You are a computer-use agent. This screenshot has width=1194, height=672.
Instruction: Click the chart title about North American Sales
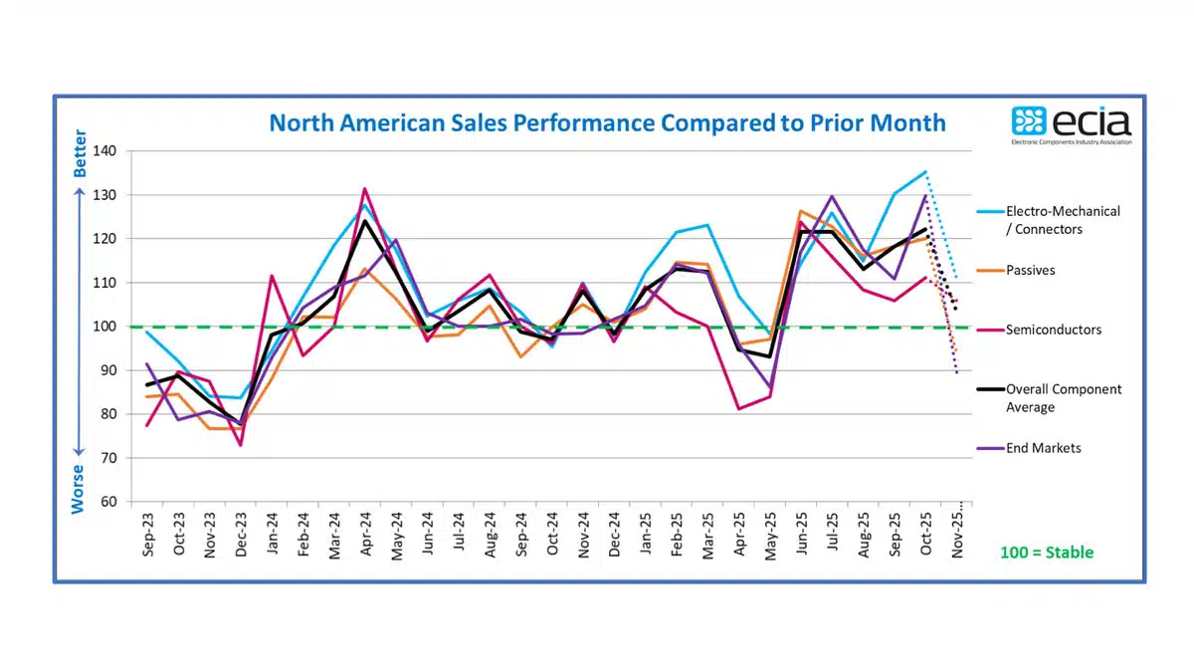coord(607,123)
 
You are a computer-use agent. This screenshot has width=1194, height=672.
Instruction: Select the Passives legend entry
coord(1031,270)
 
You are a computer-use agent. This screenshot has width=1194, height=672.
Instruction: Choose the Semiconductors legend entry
coord(1054,330)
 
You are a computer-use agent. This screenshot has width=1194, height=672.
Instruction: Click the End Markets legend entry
coord(1043,448)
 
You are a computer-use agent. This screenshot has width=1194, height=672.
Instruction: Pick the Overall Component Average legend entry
coord(1063,398)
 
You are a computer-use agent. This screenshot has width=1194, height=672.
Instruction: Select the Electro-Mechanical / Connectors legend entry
coord(1063,220)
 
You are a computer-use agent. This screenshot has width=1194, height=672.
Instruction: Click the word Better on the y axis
coord(81,153)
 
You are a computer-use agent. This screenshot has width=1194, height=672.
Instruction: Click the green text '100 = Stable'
coord(1046,552)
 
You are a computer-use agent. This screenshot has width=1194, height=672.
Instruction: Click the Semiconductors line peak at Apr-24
coord(365,188)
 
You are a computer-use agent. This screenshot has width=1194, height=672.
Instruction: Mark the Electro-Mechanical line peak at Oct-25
coord(925,171)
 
